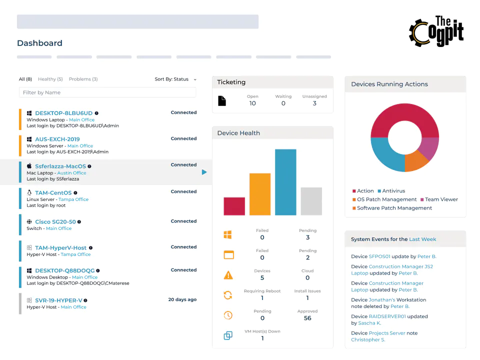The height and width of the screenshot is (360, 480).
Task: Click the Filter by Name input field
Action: point(107,92)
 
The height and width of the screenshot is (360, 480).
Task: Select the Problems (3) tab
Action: point(83,79)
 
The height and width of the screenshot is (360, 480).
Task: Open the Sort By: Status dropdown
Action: point(175,79)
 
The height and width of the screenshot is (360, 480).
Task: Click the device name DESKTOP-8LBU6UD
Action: point(63,113)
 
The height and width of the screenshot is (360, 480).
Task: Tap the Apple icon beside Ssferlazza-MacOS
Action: point(29,166)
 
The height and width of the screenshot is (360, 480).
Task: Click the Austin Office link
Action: point(71,173)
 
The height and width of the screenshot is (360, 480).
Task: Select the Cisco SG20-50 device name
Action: point(55,221)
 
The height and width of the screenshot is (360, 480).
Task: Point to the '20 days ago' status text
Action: point(182,299)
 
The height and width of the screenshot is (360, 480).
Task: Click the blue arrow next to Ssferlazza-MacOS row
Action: point(204,172)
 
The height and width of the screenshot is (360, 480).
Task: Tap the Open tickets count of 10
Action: point(252,103)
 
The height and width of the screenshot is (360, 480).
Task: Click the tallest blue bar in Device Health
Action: point(285,182)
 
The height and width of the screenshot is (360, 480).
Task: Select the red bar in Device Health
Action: point(234,206)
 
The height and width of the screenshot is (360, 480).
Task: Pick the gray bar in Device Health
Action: point(311,201)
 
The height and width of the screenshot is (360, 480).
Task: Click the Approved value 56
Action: point(307,318)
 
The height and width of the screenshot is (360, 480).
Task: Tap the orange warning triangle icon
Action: point(228,275)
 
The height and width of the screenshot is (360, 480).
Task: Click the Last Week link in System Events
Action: point(422,239)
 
